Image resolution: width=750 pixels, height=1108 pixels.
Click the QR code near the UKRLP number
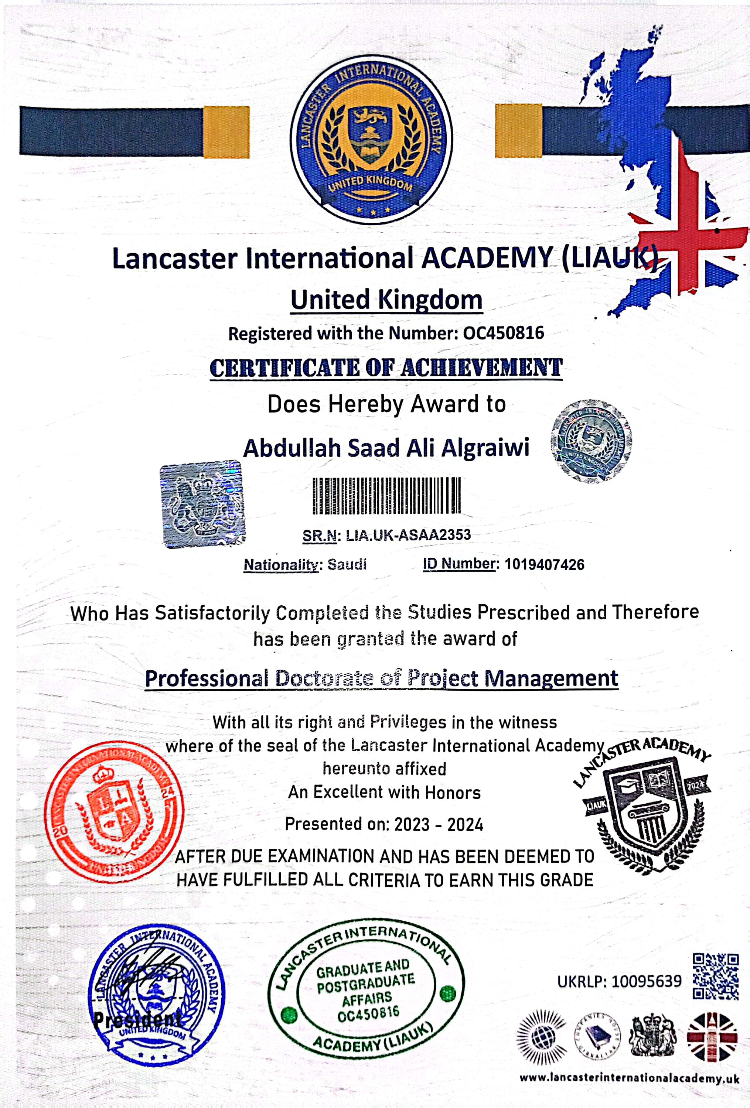point(715,976)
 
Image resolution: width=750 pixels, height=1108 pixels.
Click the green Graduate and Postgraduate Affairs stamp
point(366,985)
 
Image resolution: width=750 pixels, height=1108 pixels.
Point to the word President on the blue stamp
point(137,1020)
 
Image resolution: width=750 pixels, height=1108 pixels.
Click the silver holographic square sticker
point(202,503)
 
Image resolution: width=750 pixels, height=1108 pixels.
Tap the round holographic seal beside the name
point(591,441)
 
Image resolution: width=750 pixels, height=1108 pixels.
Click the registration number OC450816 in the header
point(504,333)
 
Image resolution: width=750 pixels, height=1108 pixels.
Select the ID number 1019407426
point(545,564)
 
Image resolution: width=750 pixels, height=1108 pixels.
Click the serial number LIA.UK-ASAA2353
point(408,535)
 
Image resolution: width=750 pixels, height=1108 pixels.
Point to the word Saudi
point(347,564)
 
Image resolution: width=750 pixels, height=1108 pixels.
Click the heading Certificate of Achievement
point(386,368)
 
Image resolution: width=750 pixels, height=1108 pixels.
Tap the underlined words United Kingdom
point(386,300)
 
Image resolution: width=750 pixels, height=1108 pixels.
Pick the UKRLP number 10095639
point(647,981)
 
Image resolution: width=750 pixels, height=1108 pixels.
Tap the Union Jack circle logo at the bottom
point(712,1037)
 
